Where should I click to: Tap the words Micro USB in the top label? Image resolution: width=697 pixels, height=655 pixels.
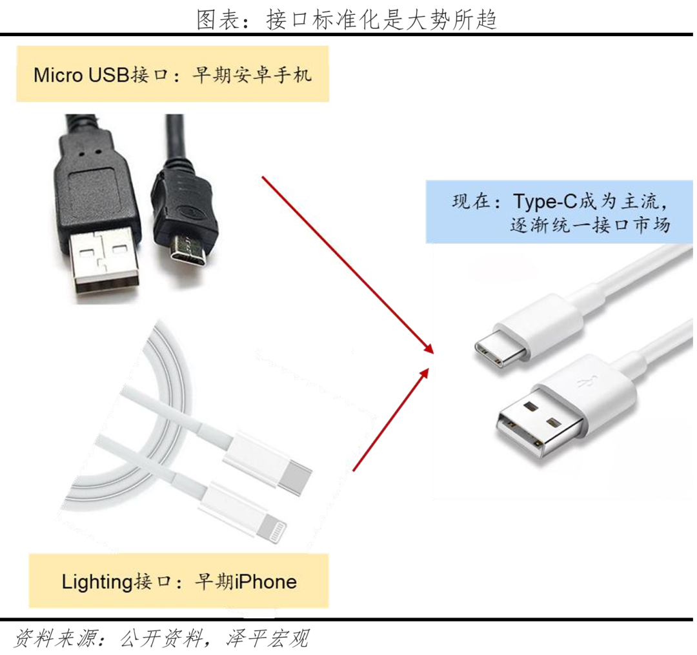(x=81, y=75)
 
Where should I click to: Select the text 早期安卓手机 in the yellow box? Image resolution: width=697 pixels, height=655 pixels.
(x=252, y=74)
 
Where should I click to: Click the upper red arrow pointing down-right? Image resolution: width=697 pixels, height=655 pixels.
(x=348, y=265)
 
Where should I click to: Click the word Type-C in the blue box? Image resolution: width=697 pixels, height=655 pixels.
(x=545, y=201)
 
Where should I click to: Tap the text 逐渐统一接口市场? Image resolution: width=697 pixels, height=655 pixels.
(x=590, y=225)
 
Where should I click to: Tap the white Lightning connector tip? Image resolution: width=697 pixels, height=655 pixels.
(x=272, y=529)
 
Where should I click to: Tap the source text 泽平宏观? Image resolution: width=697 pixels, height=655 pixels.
(x=268, y=639)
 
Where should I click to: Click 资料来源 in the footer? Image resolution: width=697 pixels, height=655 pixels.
(x=56, y=639)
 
